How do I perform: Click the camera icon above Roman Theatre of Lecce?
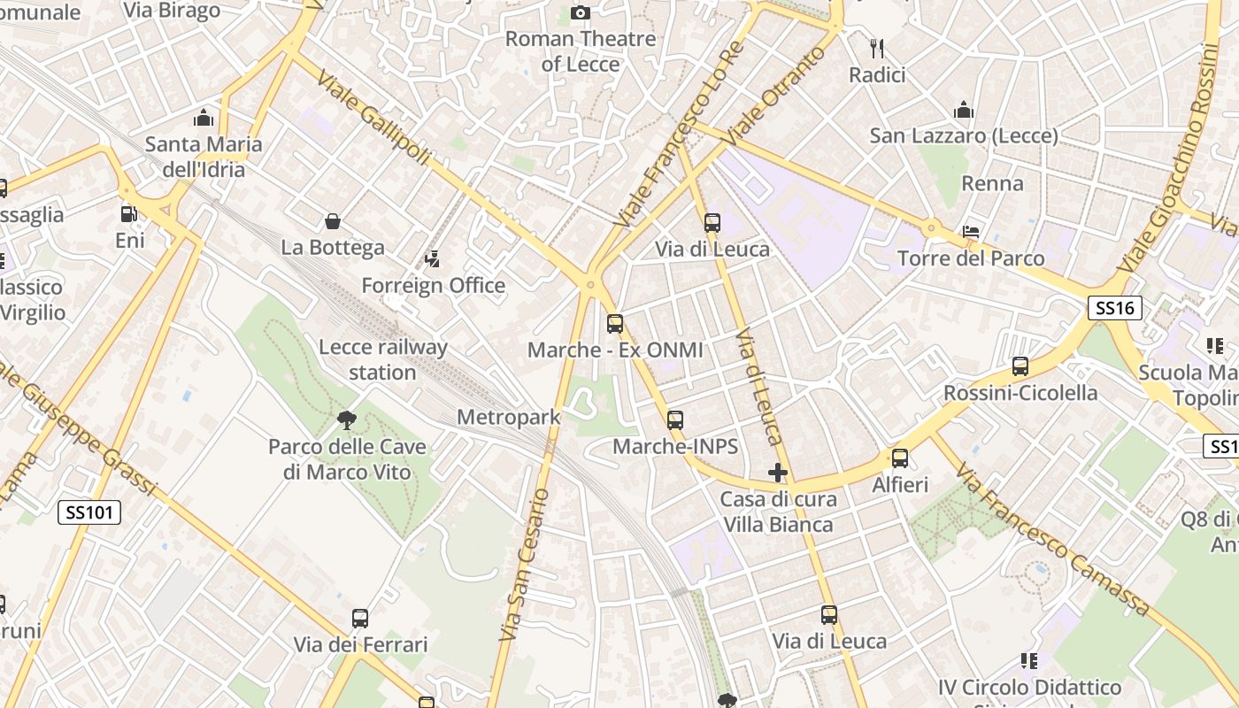click(x=581, y=12)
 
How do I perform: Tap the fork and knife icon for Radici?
click(x=877, y=48)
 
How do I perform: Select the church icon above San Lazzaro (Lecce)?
click(x=964, y=111)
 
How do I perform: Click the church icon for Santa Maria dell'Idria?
click(x=204, y=118)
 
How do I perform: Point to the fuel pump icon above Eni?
click(x=129, y=214)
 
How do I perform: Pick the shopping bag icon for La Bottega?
click(x=333, y=221)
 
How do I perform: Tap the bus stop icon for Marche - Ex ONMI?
click(x=615, y=324)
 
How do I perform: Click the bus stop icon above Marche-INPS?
click(x=675, y=420)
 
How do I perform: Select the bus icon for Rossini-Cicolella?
click(x=1020, y=366)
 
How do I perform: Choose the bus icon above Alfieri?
click(x=900, y=458)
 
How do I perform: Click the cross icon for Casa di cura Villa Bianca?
click(x=778, y=473)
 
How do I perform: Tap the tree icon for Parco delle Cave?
click(x=347, y=420)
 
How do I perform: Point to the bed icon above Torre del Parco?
click(x=971, y=232)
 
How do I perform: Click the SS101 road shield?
click(x=89, y=512)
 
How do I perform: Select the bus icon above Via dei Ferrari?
click(x=360, y=619)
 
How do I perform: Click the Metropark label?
click(x=509, y=417)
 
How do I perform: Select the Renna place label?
click(x=992, y=184)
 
